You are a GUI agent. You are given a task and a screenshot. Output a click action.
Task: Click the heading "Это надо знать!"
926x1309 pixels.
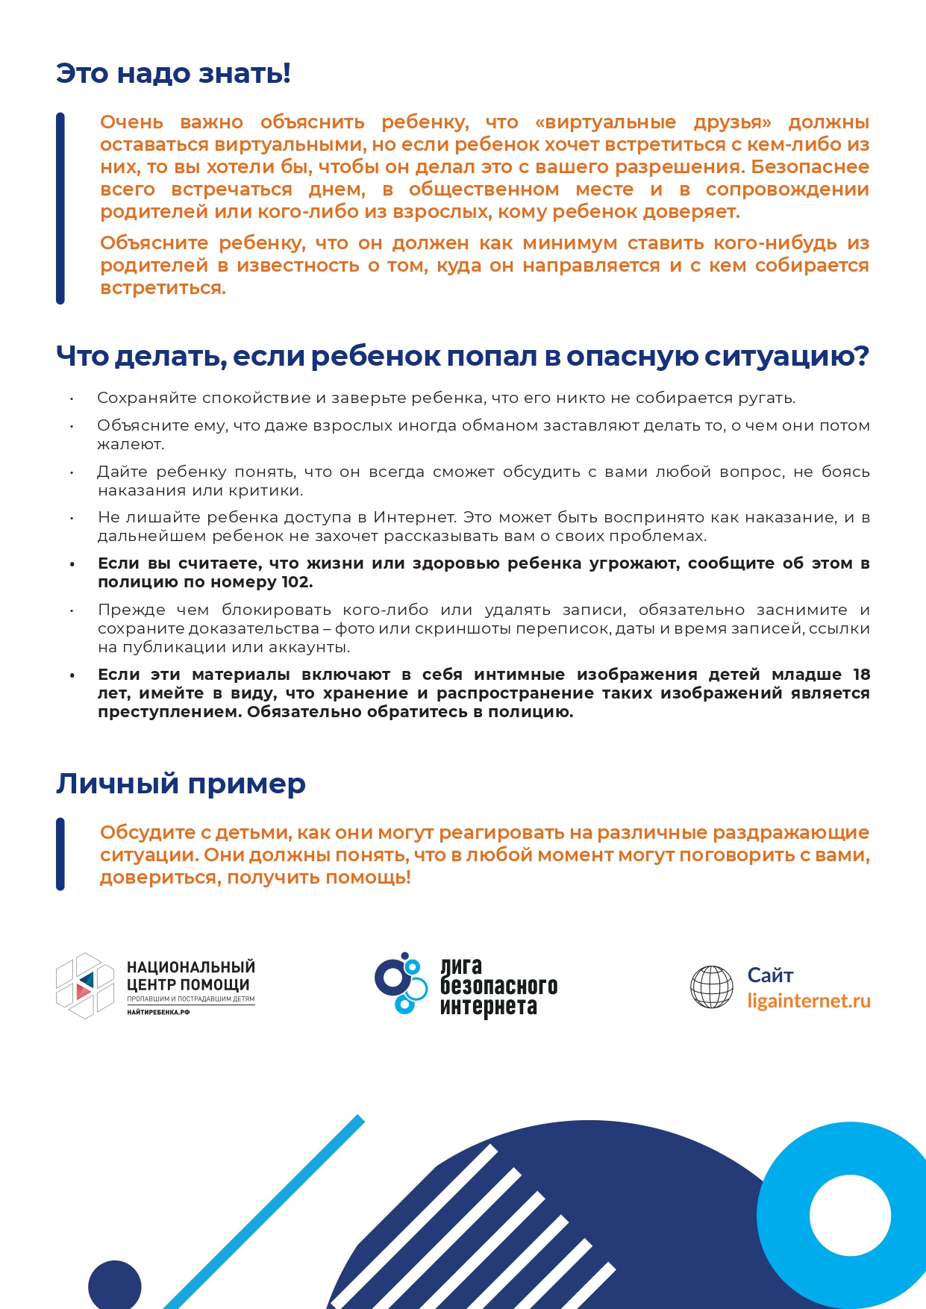173,74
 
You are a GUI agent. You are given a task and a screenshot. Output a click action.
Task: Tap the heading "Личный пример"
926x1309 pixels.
181,784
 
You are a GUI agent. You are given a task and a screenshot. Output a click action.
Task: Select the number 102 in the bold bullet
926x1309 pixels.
296,582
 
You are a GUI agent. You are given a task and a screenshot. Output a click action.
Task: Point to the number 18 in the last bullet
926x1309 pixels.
861,675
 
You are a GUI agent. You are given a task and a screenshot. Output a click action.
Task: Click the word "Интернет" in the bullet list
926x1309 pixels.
414,517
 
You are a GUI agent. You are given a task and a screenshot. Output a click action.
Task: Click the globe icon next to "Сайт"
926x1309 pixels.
712,987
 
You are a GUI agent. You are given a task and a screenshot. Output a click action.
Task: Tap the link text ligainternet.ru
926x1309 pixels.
809,1001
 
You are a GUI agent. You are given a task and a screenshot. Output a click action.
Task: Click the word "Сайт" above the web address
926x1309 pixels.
770,975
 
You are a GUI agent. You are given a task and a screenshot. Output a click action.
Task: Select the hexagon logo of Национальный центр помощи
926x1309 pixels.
85,986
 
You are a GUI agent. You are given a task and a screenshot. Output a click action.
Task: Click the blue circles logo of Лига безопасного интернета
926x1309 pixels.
401,983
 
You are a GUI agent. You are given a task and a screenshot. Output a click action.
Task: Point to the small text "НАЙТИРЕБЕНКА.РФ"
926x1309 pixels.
158,1013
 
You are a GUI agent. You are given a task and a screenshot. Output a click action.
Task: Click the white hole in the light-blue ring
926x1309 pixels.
850,1215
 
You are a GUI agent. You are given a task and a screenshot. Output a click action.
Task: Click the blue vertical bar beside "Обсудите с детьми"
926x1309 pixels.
60,854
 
